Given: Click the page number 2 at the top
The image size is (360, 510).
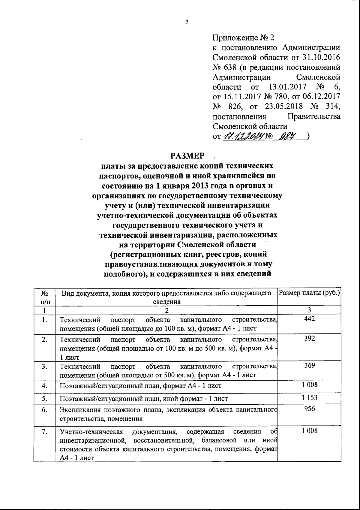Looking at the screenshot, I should coord(186,23).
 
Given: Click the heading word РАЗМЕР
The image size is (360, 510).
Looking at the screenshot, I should coord(188,156).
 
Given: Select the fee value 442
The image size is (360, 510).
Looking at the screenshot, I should coord(309,319).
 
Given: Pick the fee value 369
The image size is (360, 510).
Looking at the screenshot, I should coord(309,365).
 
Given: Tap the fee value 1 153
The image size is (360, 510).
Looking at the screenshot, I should coord(310,398).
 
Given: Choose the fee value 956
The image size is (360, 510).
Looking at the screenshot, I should coord(309,409).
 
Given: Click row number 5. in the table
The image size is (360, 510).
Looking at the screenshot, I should coord(44,399).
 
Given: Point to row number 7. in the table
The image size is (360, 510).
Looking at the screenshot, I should coord(44,432).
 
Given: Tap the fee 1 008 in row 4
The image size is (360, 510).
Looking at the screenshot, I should coord(310,385).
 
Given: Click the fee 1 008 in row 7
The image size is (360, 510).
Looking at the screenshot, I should coord(310,431).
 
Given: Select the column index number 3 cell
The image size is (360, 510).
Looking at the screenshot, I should coord(309,310).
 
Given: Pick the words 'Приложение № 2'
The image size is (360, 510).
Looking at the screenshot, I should coord(243,38).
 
